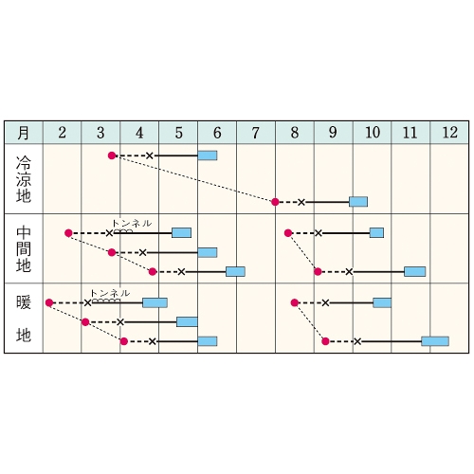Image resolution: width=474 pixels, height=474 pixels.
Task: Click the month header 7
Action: [x=256, y=133]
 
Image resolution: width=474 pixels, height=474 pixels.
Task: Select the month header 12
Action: [x=449, y=133]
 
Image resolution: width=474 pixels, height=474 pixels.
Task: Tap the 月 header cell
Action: [x=24, y=133]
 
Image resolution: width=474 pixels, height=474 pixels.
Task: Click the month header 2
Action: [x=62, y=133]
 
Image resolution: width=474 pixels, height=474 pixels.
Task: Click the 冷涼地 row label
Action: [x=24, y=179]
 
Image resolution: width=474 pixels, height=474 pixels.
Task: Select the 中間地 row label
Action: [x=24, y=248]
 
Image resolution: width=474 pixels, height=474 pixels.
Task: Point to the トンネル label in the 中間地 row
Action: [x=132, y=224]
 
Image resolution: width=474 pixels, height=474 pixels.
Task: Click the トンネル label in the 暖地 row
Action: [x=110, y=293]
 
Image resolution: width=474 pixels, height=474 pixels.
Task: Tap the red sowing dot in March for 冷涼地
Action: [x=112, y=155]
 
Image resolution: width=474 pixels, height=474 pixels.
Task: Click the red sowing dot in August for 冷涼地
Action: [x=275, y=202]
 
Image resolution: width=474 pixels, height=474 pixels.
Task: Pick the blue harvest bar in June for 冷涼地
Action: [x=208, y=155]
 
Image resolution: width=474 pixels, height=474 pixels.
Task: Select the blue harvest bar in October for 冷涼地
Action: [x=358, y=202]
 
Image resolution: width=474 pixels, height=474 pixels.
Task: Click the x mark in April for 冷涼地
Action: [x=150, y=155]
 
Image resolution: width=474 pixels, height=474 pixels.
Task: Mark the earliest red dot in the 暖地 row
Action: [x=49, y=302]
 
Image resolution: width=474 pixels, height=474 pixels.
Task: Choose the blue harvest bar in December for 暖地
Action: [x=435, y=341]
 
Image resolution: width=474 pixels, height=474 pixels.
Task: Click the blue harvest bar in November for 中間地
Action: [x=415, y=271]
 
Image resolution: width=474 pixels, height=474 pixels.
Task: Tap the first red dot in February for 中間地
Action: [x=68, y=233]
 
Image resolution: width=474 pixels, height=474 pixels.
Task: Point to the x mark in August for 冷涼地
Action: [x=301, y=202]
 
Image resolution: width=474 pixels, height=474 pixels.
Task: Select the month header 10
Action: [x=373, y=133]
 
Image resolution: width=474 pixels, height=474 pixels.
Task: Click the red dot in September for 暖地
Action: [x=325, y=341]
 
